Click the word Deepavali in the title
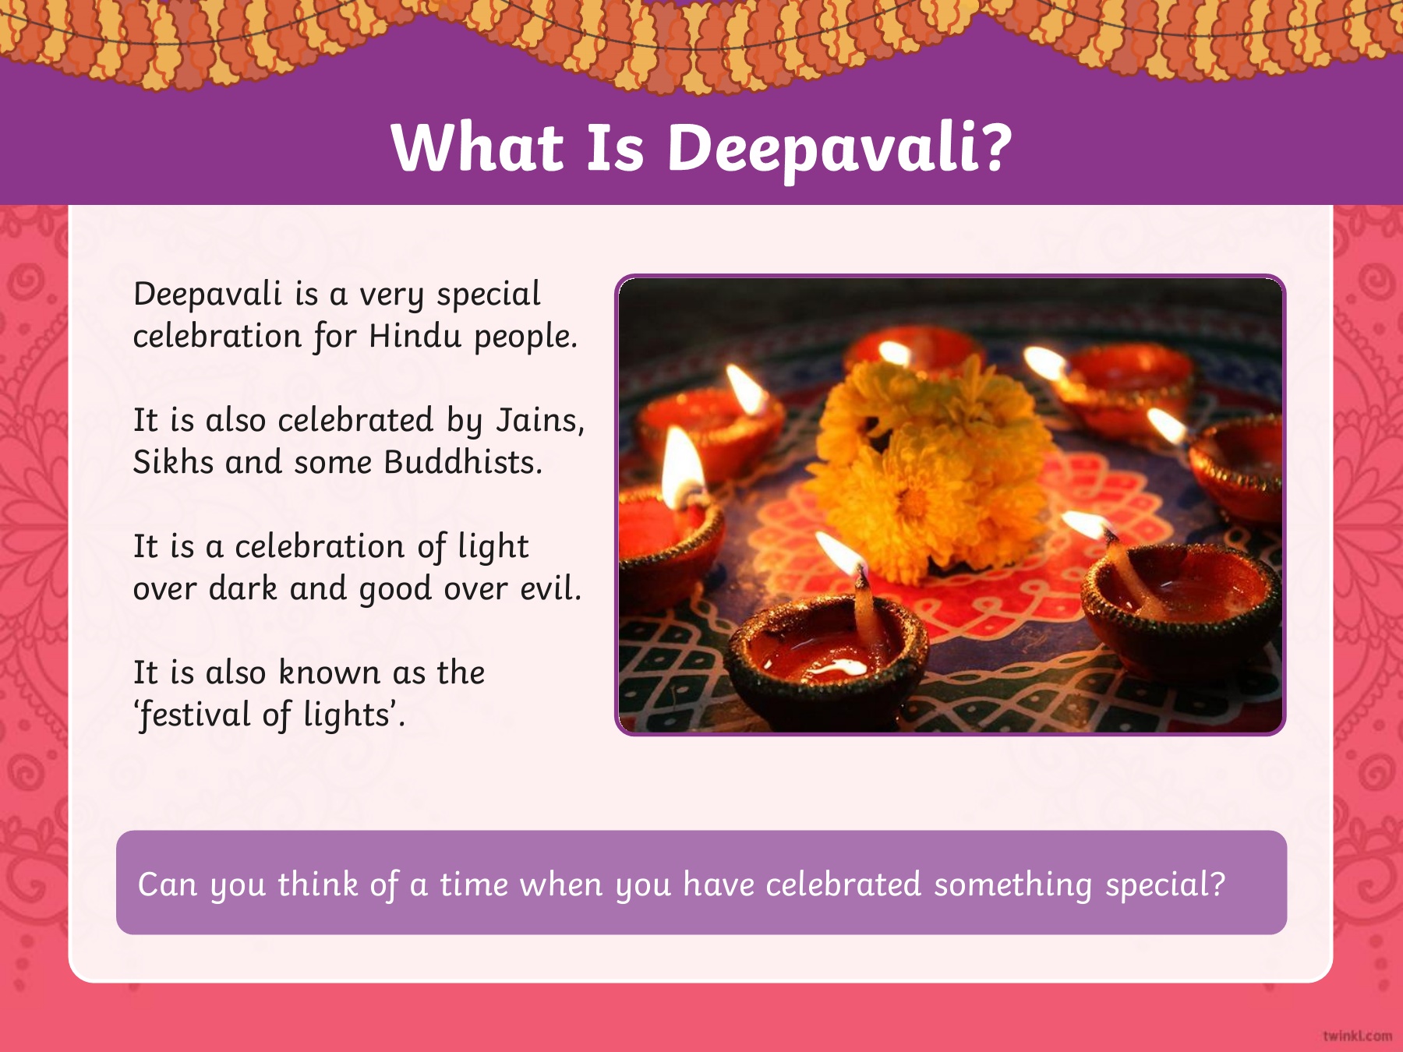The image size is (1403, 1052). [x=822, y=150]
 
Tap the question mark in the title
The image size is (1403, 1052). [x=995, y=147]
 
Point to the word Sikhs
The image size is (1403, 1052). [x=173, y=462]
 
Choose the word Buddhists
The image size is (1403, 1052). [x=463, y=462]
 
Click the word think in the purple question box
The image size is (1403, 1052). [x=318, y=884]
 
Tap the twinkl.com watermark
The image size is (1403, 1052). [x=1357, y=1036]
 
